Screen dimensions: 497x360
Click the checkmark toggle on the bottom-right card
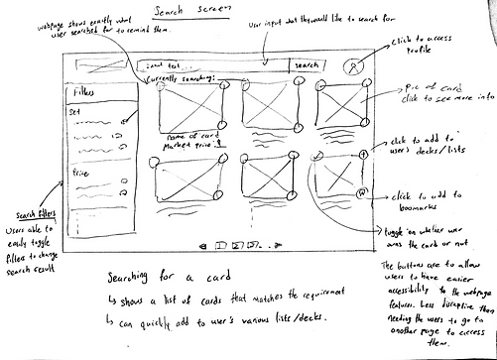[314, 155]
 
